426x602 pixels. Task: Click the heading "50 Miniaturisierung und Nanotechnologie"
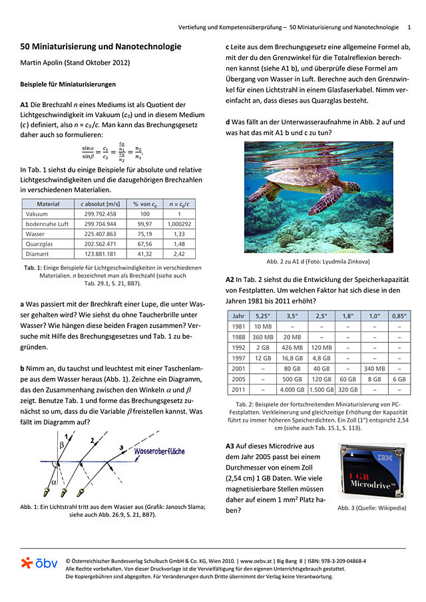tap(101, 47)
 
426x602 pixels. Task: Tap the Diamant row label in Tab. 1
tap(37, 253)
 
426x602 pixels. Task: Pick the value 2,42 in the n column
tap(179, 253)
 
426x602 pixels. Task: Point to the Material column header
tap(48, 204)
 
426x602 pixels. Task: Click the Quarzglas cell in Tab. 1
tap(39, 243)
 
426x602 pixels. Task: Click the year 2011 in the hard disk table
tap(238, 390)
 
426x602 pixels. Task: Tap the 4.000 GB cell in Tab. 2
tap(292, 390)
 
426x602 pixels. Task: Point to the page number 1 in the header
tap(409, 27)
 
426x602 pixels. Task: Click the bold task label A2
tap(233, 280)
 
